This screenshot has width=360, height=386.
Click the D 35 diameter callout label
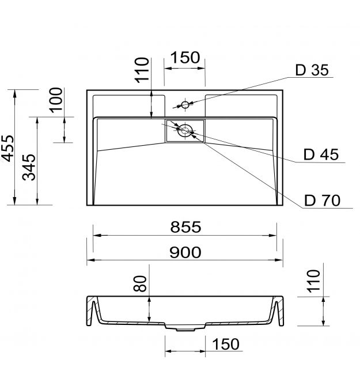312,70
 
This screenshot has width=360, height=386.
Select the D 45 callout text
321,154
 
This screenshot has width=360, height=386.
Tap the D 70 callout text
322,200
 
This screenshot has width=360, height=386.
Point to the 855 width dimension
185,227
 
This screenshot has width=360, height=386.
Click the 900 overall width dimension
185,252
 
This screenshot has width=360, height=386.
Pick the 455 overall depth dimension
8,148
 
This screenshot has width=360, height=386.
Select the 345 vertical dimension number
29,168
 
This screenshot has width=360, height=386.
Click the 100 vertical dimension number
56,100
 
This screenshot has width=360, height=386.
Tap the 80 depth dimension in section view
140,283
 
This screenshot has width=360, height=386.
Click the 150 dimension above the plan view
185,58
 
